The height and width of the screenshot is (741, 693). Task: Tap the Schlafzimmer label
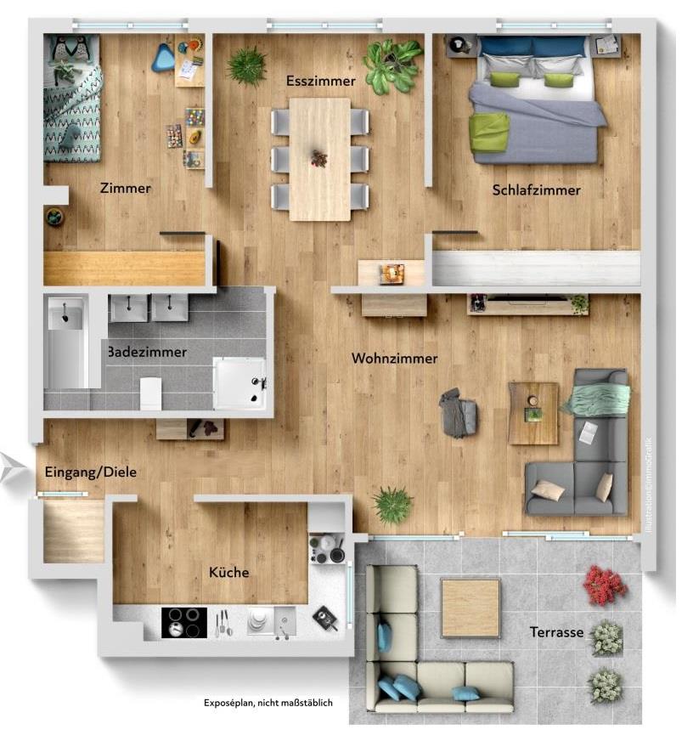[536, 190]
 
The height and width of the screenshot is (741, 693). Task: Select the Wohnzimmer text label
[395, 359]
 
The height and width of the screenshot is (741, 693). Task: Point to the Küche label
[229, 572]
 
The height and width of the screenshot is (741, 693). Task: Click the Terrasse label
[556, 632]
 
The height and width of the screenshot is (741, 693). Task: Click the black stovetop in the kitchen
[184, 622]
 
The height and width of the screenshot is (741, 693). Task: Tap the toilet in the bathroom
[151, 393]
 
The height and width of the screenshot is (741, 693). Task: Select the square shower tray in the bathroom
[239, 384]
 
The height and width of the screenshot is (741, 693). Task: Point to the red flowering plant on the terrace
[605, 586]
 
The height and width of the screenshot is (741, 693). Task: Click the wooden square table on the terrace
[470, 607]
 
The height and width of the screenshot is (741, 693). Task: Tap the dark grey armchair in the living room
[459, 413]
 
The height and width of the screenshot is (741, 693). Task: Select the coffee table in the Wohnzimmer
[533, 413]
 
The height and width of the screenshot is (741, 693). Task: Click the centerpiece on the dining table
[319, 158]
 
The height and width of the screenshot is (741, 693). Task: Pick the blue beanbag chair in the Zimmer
[164, 57]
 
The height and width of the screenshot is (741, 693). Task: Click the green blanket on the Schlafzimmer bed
[490, 133]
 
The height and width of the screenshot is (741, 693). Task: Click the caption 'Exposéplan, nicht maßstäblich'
[268, 703]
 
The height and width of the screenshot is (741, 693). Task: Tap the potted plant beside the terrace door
[392, 505]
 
